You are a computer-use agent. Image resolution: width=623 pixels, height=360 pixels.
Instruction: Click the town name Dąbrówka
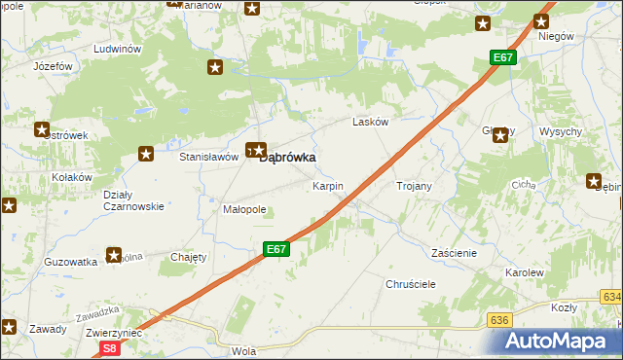292,157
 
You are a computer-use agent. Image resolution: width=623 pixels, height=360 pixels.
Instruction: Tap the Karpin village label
327,185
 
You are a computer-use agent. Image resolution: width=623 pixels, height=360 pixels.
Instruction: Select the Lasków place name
370,122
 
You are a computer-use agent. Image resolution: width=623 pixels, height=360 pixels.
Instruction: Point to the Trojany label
414,185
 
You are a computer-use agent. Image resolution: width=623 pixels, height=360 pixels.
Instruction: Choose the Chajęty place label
189,257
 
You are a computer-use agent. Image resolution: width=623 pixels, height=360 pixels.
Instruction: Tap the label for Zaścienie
454,252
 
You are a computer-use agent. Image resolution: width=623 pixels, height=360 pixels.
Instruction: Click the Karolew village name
524,273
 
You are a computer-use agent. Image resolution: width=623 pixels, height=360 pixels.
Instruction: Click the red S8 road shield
109,347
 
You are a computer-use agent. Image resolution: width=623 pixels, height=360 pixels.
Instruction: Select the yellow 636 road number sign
500,319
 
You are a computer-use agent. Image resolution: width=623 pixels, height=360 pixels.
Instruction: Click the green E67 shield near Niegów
502,58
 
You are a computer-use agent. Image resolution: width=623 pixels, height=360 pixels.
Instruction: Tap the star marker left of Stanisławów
146,153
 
